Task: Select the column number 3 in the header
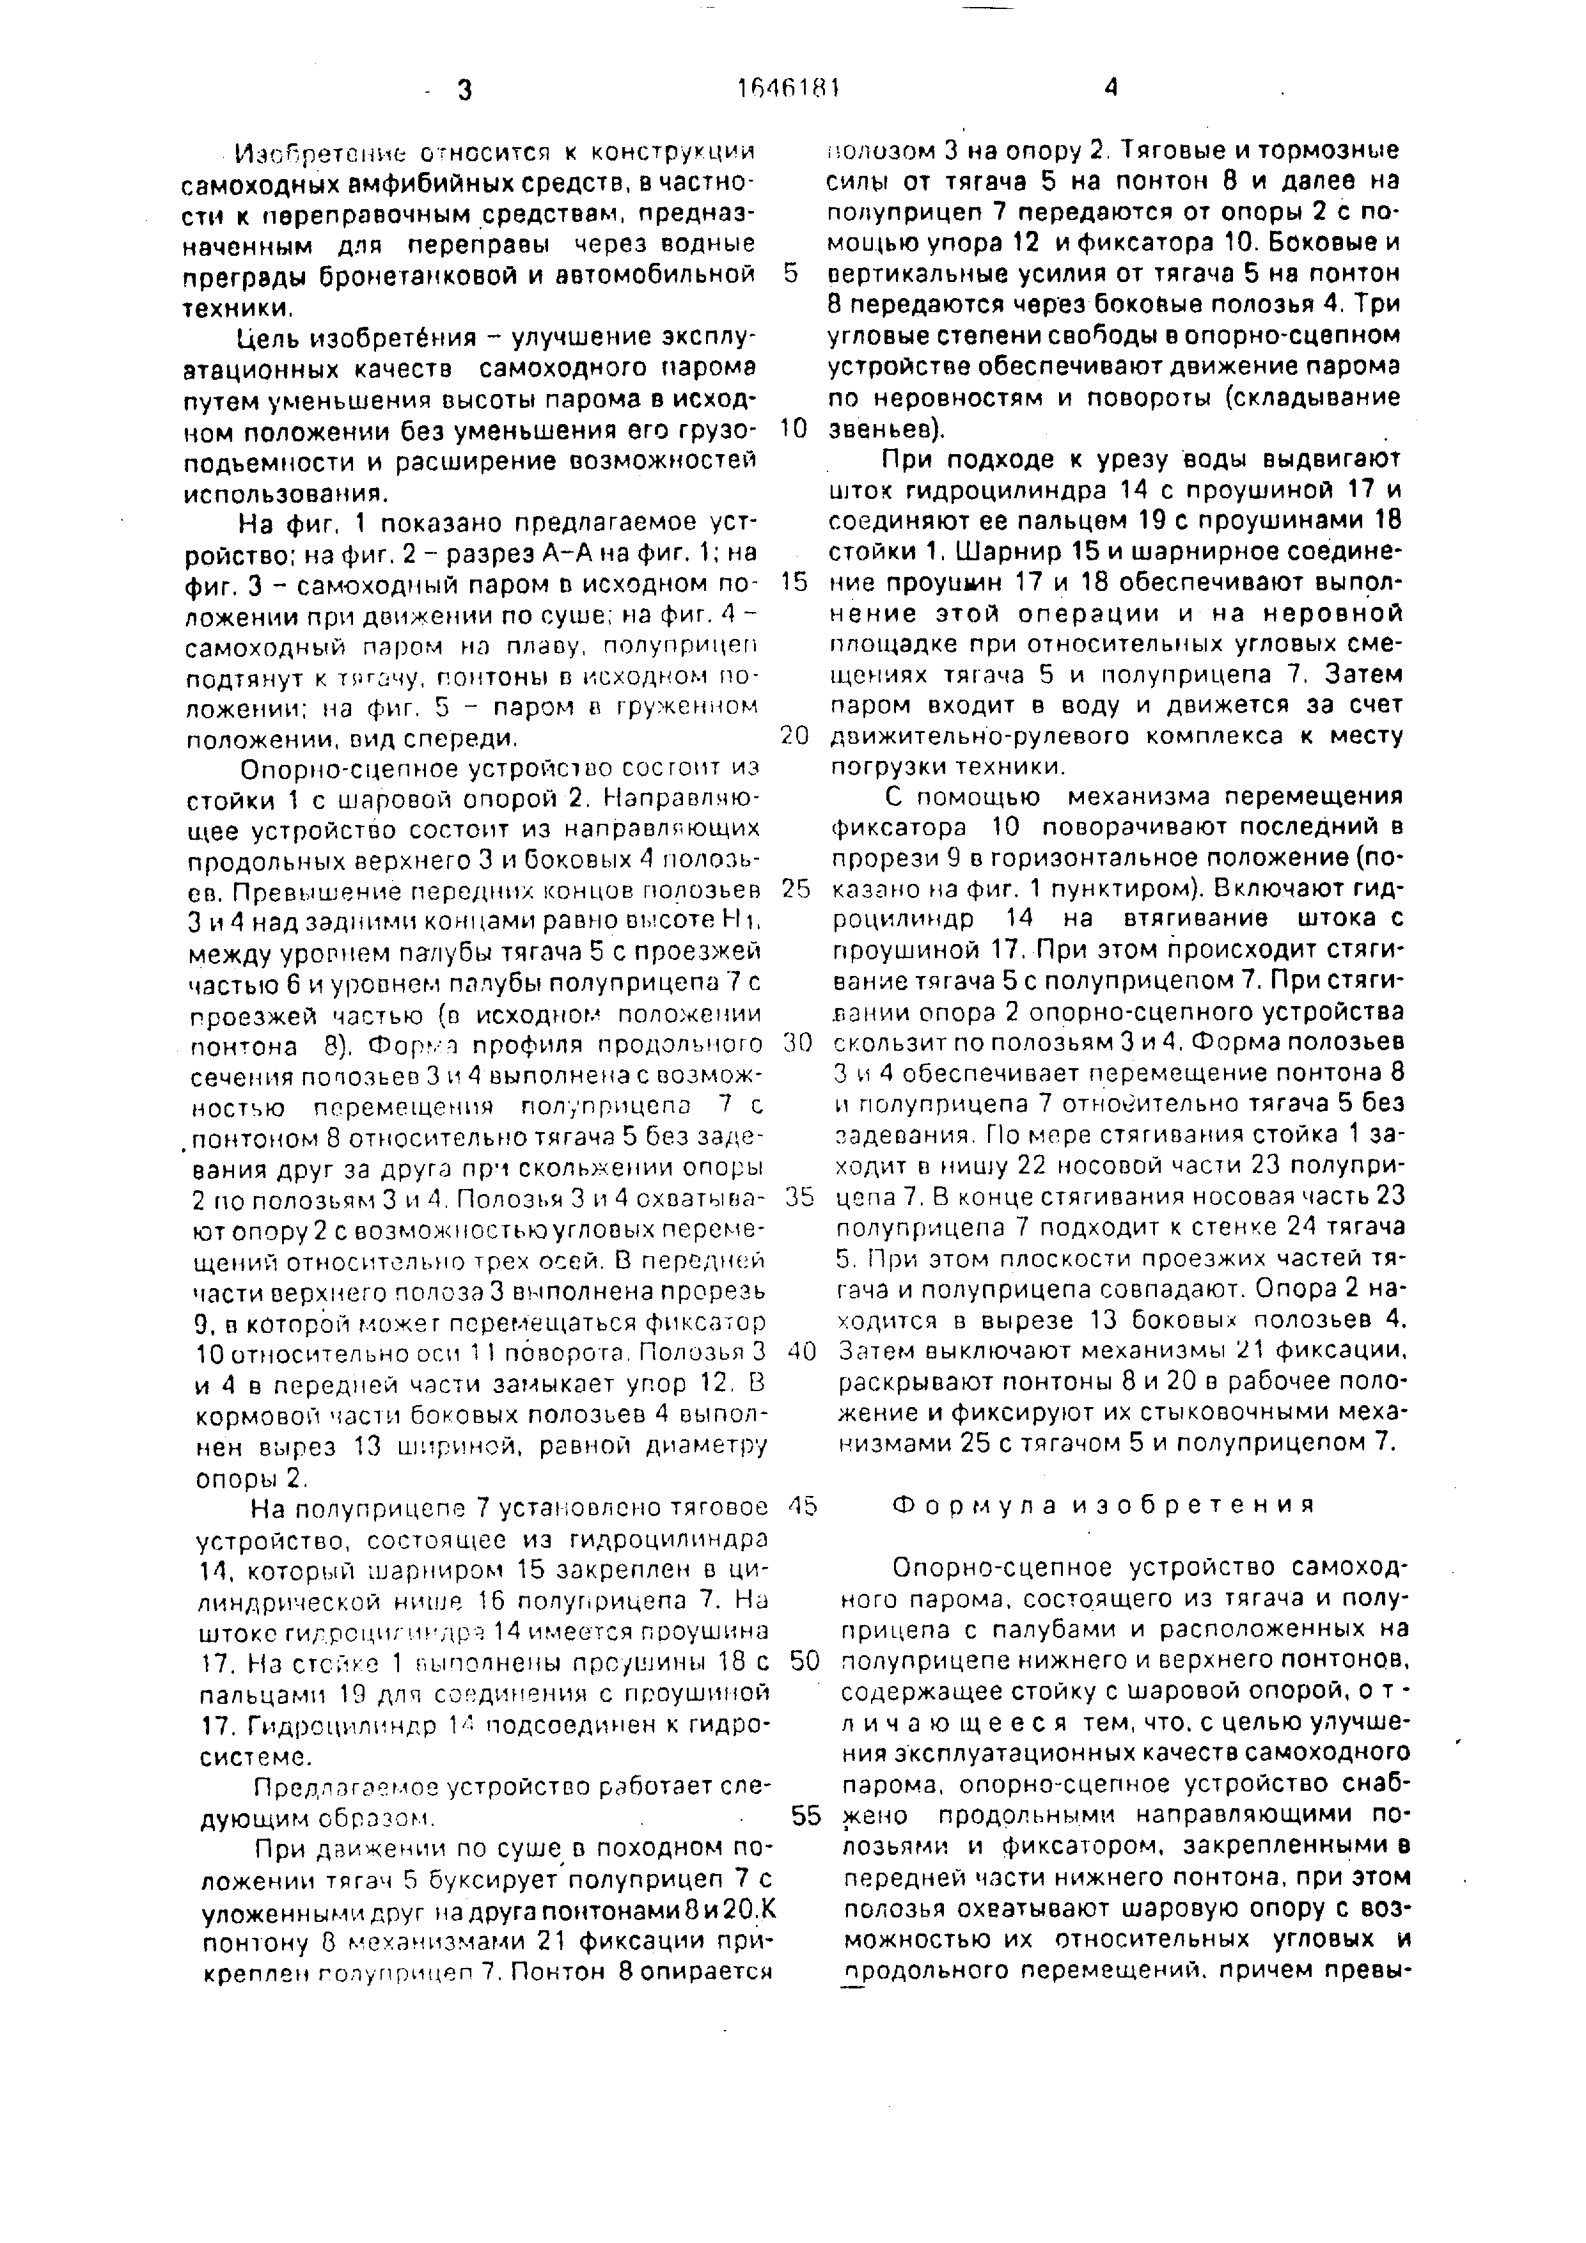coord(463,91)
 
